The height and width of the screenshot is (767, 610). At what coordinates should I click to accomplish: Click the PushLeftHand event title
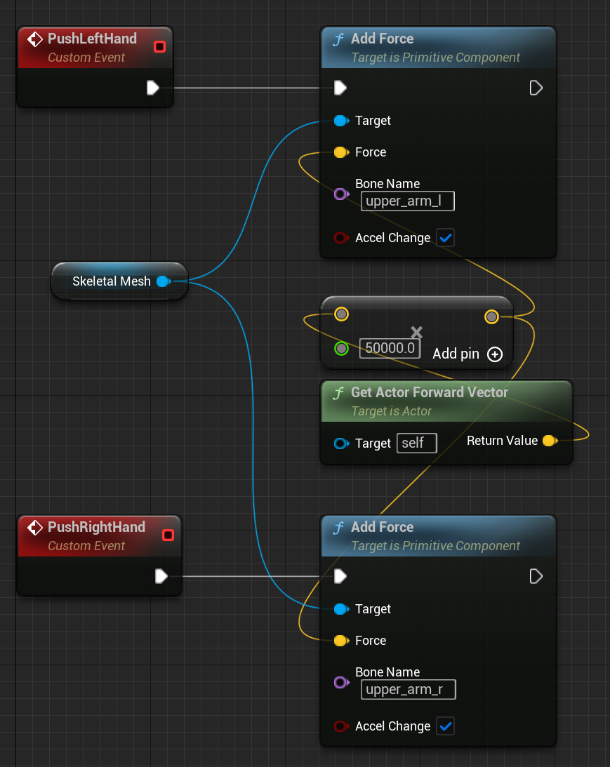tap(92, 39)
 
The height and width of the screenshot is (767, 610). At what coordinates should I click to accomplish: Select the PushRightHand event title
tap(96, 527)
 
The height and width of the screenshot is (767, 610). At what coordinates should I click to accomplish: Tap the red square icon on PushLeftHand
tap(159, 47)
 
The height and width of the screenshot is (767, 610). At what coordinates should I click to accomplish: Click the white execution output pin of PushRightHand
tap(161, 576)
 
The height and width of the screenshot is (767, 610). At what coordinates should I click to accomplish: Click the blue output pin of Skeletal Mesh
tap(163, 281)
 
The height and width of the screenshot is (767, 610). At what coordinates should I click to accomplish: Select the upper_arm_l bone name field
tap(407, 201)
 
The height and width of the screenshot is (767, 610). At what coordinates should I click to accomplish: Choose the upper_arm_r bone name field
tap(408, 690)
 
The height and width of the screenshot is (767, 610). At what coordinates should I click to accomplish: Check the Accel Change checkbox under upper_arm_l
tap(445, 238)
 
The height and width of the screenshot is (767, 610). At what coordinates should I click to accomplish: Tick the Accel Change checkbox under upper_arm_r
tap(445, 726)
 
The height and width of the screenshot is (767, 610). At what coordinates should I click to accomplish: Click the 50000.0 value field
tap(390, 349)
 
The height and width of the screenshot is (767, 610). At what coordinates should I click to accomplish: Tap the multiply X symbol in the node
tap(416, 332)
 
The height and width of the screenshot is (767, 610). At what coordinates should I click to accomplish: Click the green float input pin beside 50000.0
tap(341, 348)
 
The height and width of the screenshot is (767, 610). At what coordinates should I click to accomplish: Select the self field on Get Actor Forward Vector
tap(417, 443)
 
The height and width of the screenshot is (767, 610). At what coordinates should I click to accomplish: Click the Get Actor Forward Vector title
tap(429, 392)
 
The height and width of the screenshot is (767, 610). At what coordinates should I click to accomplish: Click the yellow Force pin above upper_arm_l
tap(340, 152)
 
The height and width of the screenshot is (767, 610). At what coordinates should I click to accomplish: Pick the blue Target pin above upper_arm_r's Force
tap(340, 609)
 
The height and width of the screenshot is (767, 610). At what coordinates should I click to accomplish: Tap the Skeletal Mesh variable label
tap(111, 281)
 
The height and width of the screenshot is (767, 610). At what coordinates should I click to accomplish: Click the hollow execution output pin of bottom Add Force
tap(536, 576)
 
